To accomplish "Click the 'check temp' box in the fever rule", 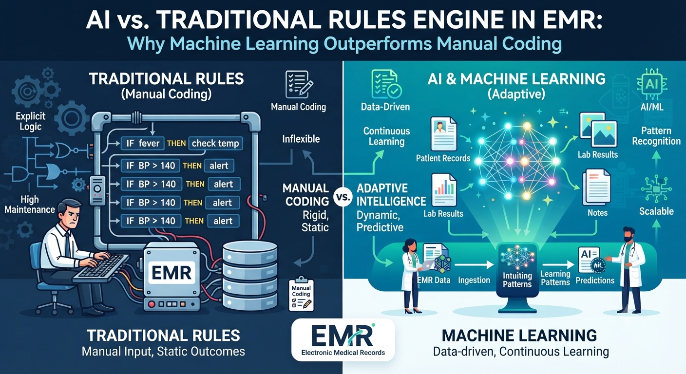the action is (216, 143).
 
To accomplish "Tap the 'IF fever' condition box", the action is (143, 143).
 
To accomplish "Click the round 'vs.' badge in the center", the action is (343, 197).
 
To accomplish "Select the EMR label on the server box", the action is (171, 273).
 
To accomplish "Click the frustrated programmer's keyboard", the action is (101, 267).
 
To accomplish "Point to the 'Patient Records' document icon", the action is (443, 134).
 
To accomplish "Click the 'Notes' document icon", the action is (596, 187).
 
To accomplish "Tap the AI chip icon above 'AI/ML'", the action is (652, 84).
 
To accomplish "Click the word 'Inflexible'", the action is (301, 139).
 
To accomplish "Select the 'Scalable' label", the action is (656, 211).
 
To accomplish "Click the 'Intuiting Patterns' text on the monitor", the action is (517, 280).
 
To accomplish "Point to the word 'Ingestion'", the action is (474, 280).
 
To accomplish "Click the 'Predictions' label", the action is (595, 280).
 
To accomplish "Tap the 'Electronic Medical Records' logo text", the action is (343, 353).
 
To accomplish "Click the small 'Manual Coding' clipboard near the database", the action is (302, 295).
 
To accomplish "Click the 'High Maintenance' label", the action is (30, 205).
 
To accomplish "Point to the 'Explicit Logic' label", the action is (30, 121).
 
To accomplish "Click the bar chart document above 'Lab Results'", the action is (444, 190).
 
